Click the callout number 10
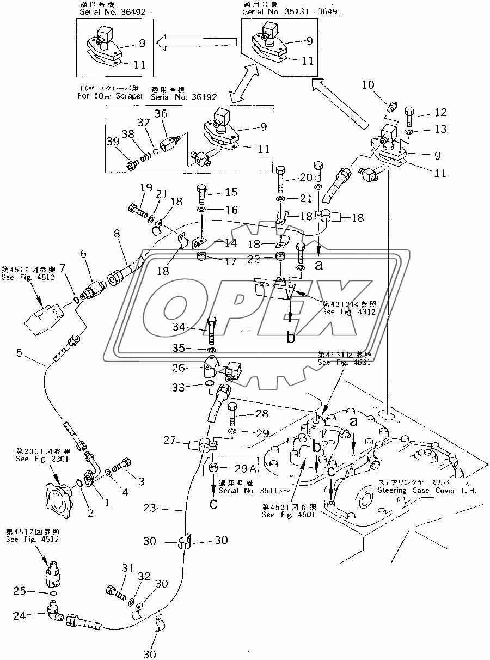(x=368, y=84)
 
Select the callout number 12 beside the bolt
(x=440, y=113)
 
